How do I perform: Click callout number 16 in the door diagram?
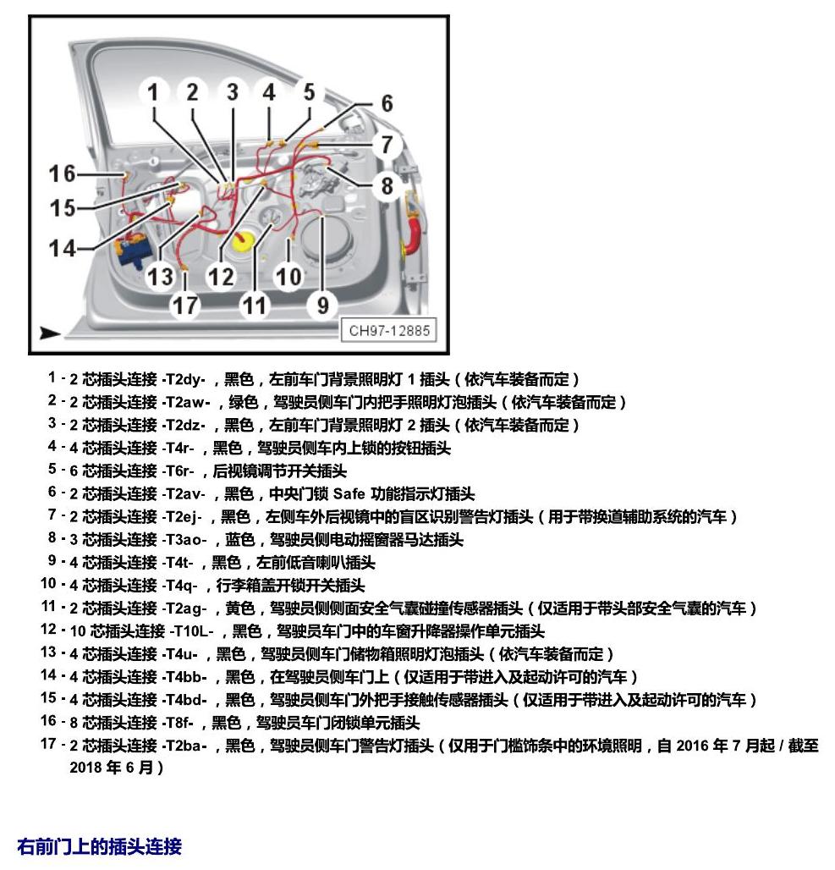click(62, 173)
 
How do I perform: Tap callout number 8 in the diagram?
click(387, 186)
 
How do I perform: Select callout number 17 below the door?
click(184, 306)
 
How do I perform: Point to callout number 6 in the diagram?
click(387, 103)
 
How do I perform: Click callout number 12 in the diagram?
click(220, 276)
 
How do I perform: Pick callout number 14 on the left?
click(62, 248)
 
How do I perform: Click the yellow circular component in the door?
click(244, 241)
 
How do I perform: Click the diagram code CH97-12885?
click(389, 331)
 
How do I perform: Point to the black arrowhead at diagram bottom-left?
click(49, 333)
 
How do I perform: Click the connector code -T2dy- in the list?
click(184, 379)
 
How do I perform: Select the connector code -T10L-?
click(191, 630)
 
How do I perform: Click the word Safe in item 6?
click(349, 493)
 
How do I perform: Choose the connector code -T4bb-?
click(184, 677)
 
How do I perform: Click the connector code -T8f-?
click(179, 723)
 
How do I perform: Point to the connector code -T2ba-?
click(184, 745)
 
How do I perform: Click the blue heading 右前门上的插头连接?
click(99, 846)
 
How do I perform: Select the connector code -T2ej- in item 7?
click(182, 516)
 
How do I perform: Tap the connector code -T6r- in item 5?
click(179, 471)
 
